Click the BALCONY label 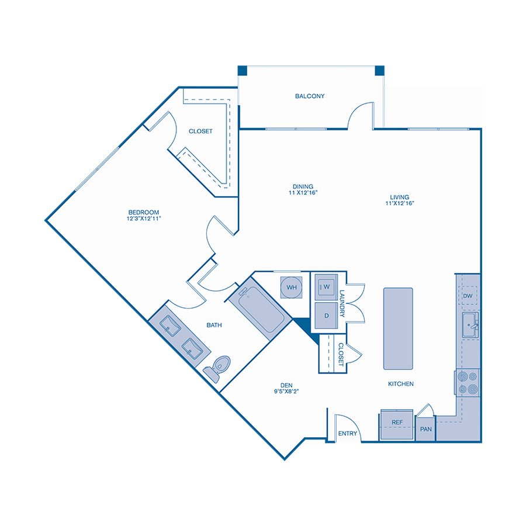tap(310, 96)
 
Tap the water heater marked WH tap(291, 287)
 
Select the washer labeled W tap(326, 287)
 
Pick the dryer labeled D tap(326, 316)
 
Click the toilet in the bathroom tap(218, 368)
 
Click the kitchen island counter tap(398, 328)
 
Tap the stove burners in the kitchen tap(468, 383)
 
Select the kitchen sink tap(470, 325)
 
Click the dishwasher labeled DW tap(468, 296)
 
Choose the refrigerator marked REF tap(397, 424)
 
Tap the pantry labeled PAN tap(425, 429)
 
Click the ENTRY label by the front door tap(348, 434)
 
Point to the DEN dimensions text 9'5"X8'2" tap(286, 391)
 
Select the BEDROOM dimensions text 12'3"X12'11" tap(144, 219)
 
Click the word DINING tap(303, 186)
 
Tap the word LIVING tap(400, 198)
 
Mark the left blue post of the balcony tap(242, 71)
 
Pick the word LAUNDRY tap(342, 303)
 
